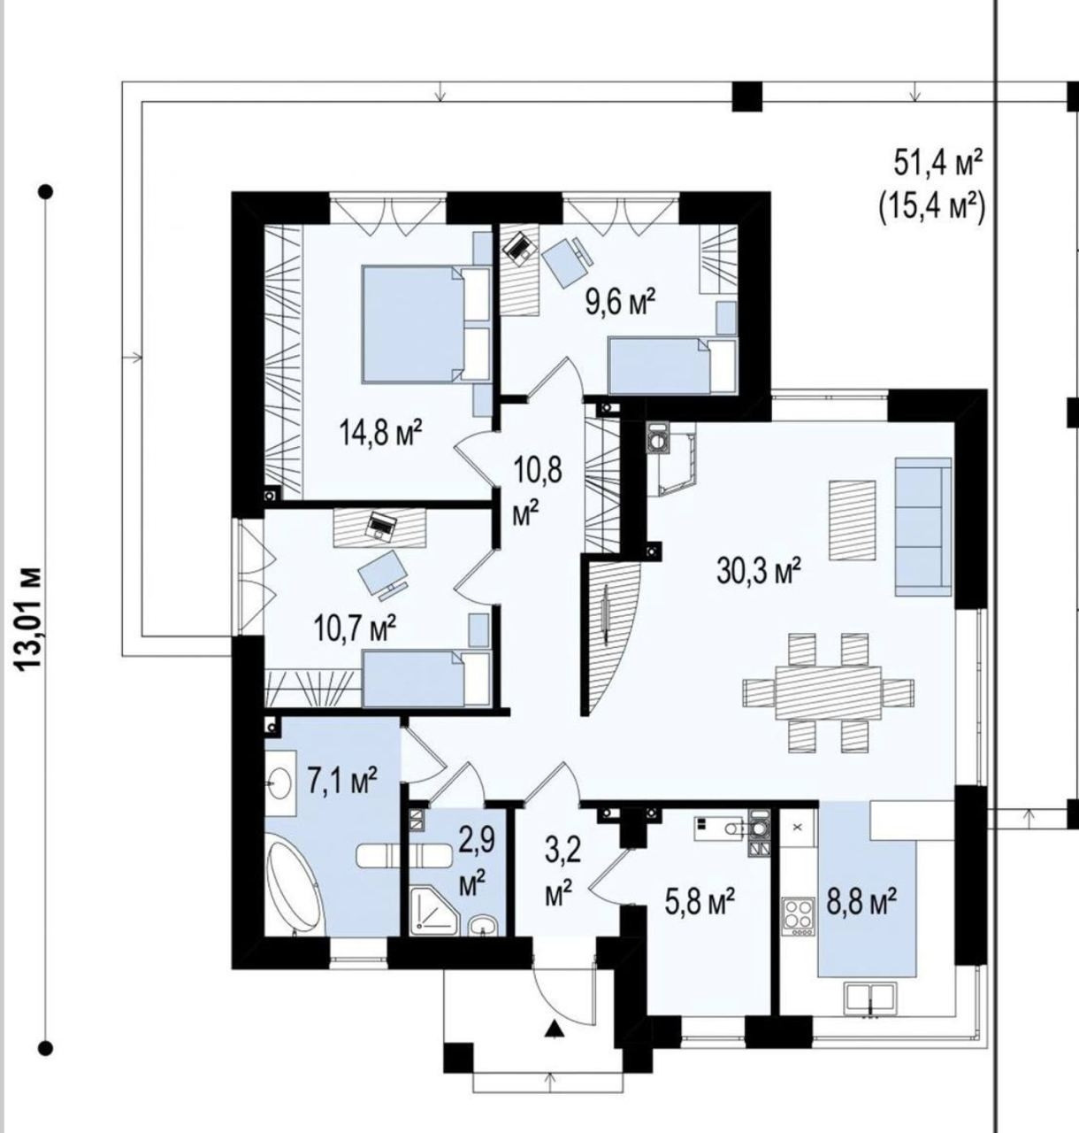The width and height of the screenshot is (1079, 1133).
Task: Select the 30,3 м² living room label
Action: tap(759, 571)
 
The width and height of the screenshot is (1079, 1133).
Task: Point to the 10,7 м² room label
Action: tap(355, 628)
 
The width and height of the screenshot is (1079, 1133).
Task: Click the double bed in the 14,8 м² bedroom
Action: tap(425, 324)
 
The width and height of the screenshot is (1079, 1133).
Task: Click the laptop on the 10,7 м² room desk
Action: tap(381, 524)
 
